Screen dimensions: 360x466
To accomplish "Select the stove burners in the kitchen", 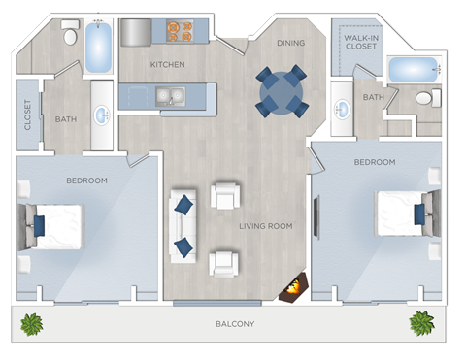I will point(179,31).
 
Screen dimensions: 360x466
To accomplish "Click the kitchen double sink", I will point(171,97).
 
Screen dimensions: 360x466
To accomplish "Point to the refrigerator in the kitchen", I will point(134,32).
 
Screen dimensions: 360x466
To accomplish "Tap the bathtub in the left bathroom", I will point(99,48).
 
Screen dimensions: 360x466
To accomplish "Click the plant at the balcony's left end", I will point(32,323).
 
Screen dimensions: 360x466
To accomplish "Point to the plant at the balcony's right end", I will point(421,322).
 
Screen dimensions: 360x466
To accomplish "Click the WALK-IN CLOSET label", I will point(360,40).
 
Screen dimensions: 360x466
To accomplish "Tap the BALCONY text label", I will point(235,323).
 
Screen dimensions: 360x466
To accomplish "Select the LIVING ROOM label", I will point(266,226).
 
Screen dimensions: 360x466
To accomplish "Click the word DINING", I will point(290,43).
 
